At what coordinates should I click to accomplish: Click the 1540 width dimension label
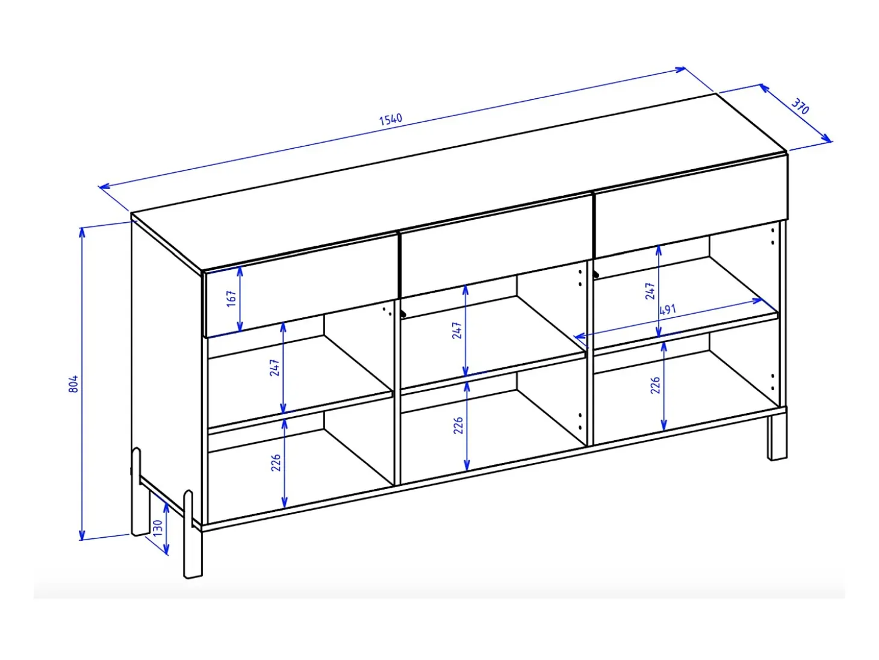(x=390, y=119)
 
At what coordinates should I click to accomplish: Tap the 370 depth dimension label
(x=800, y=106)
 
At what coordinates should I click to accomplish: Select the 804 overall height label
(x=73, y=384)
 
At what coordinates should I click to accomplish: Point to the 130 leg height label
(x=157, y=528)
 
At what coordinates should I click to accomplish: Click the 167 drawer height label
(x=231, y=299)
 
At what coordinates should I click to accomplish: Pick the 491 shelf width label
(x=667, y=310)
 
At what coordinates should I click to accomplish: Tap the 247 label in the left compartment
(x=275, y=368)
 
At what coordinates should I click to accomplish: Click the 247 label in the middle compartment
(x=457, y=331)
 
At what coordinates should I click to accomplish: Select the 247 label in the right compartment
(x=650, y=291)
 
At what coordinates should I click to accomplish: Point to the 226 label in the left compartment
(x=276, y=462)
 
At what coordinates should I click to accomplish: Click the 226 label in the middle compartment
(x=458, y=425)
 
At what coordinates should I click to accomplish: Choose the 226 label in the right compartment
(x=655, y=385)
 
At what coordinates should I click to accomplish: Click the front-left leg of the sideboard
(x=193, y=535)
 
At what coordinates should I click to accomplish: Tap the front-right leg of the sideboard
(x=777, y=438)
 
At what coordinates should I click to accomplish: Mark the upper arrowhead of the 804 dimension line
(x=82, y=231)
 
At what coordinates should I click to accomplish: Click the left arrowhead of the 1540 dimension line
(x=104, y=186)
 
